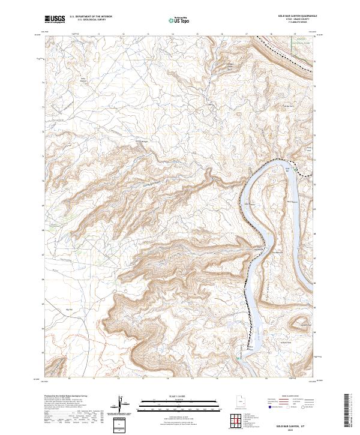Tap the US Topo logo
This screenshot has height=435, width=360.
tap(179, 20)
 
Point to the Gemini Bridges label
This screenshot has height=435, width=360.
tap(142, 142)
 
